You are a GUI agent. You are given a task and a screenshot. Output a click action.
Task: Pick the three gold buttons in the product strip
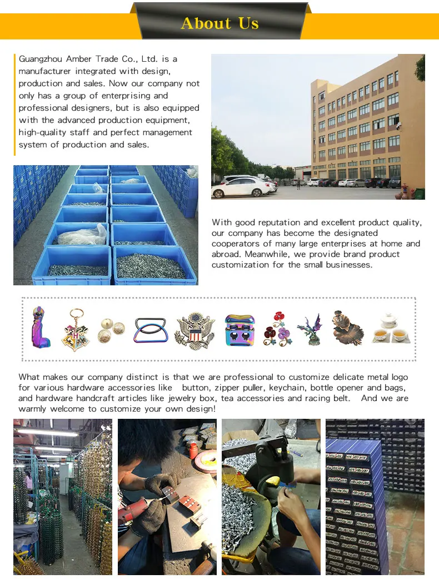pyautogui.click(x=111, y=330)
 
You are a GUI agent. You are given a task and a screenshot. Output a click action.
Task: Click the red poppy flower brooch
pyautogui.click(x=276, y=329)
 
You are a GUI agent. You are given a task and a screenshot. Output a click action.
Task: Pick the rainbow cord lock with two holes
pyautogui.click(x=240, y=330)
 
